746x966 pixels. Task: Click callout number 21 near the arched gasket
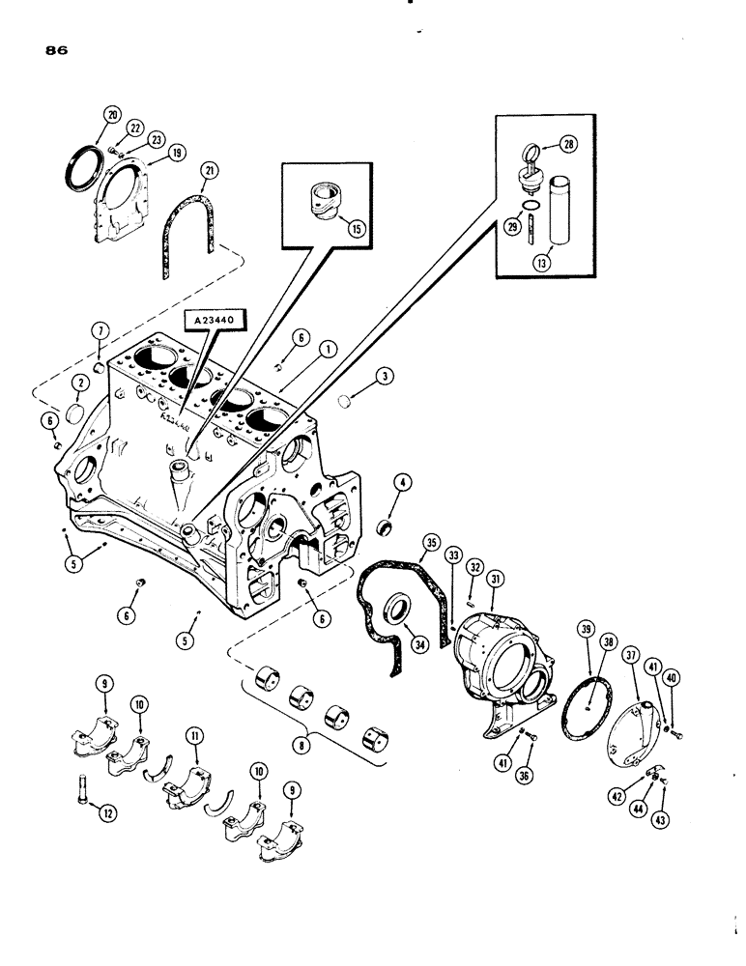coord(208,172)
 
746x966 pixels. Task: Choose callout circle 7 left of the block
coord(99,331)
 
